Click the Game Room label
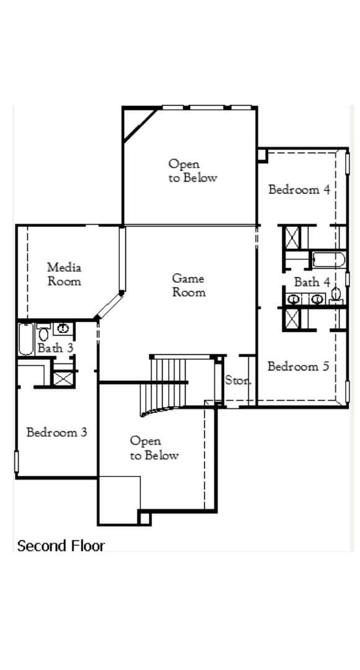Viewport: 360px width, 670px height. click(x=188, y=285)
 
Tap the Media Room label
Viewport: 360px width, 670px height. click(x=64, y=274)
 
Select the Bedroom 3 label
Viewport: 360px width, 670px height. click(x=56, y=432)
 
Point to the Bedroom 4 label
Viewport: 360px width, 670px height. click(x=299, y=189)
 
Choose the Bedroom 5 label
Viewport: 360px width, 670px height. click(x=298, y=367)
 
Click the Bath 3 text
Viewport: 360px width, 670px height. click(x=55, y=348)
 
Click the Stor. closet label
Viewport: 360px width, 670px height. click(x=237, y=380)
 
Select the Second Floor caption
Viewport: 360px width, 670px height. click(x=61, y=546)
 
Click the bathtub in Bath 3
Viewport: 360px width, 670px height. click(x=25, y=339)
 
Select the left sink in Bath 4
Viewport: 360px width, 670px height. click(x=295, y=300)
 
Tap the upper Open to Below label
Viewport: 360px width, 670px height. click(x=192, y=171)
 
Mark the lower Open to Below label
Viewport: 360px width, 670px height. click(x=153, y=449)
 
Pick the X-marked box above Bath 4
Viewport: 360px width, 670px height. click(x=292, y=237)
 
